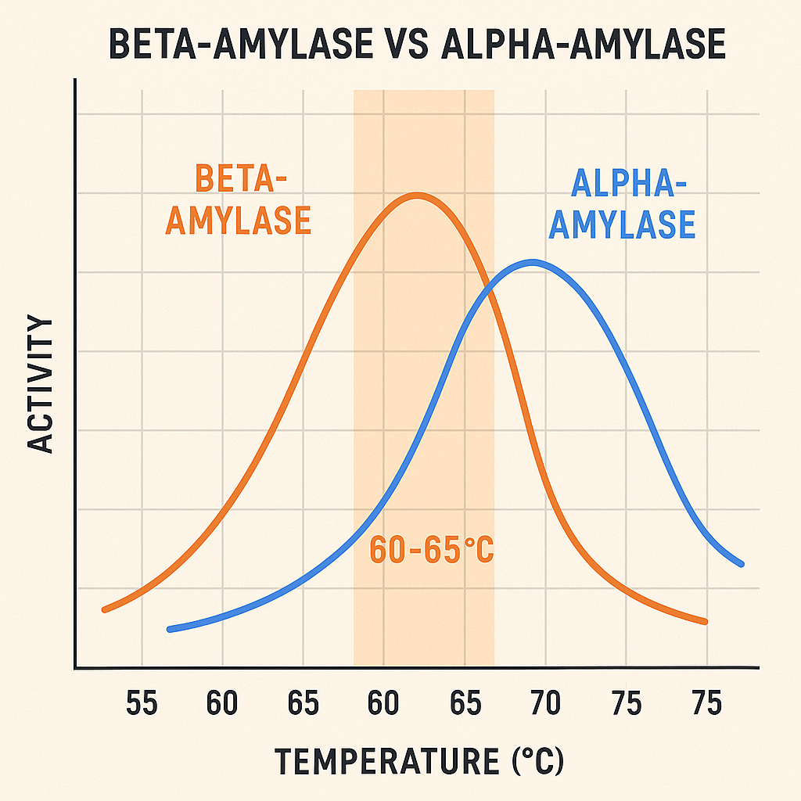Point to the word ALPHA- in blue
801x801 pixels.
point(623,184)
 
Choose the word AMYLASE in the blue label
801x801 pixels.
point(622,224)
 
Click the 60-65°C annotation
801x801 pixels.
point(431,550)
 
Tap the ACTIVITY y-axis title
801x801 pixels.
point(41,384)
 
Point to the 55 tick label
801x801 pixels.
point(142,704)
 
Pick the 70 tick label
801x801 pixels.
point(545,704)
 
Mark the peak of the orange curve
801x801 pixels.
point(416,195)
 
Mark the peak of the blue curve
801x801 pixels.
point(533,262)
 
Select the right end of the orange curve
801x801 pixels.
point(705,622)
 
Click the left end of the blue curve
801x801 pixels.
point(170,629)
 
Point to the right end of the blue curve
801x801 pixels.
point(740,563)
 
